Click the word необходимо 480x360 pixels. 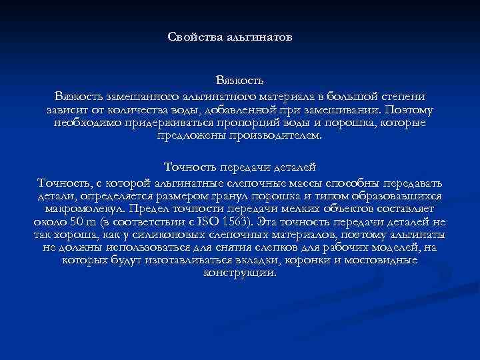pos(83,123)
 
